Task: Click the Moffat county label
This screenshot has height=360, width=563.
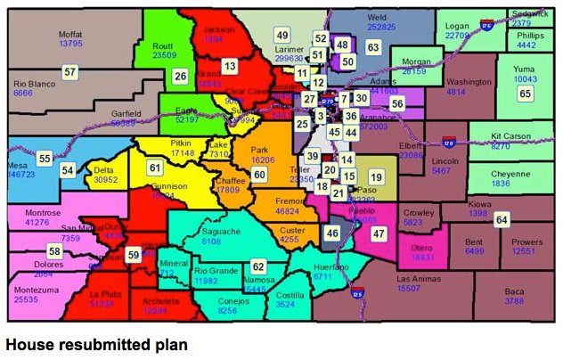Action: click(x=70, y=32)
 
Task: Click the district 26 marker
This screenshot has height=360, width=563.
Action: click(x=180, y=77)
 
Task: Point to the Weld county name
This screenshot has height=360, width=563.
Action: click(x=377, y=17)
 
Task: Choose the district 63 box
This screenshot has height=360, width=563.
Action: click(x=372, y=47)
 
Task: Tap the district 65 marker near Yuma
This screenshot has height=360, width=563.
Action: click(x=525, y=93)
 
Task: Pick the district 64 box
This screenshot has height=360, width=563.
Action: click(x=502, y=219)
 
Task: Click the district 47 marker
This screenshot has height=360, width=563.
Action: click(x=379, y=233)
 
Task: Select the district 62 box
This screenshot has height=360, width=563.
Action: click(x=258, y=266)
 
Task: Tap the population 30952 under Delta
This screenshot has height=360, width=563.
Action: click(x=105, y=179)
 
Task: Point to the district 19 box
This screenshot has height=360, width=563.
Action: click(x=376, y=177)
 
